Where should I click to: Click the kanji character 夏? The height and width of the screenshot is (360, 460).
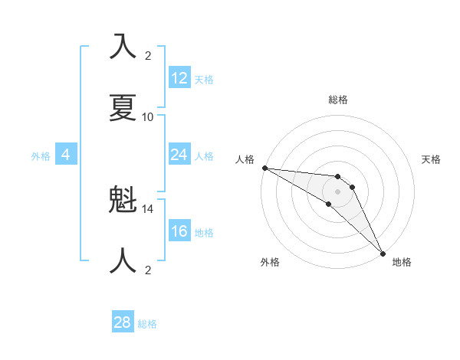[123, 106]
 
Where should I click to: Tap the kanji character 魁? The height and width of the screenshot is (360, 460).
[123, 200]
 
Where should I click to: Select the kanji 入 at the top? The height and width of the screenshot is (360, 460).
[123, 46]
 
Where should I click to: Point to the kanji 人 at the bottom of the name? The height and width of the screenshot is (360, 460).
[123, 261]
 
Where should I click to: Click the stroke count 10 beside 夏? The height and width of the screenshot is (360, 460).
[148, 116]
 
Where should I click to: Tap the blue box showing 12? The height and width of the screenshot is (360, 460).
[179, 78]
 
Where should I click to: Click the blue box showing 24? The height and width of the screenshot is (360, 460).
[179, 155]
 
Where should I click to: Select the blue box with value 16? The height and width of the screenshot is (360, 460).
[179, 231]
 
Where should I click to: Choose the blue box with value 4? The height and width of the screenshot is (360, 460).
[66, 155]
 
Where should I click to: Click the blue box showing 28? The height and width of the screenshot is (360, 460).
[123, 322]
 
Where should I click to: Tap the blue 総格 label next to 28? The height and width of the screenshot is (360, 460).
[148, 324]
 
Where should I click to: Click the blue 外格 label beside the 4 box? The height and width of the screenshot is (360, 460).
[41, 156]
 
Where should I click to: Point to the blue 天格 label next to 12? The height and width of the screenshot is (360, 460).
[204, 80]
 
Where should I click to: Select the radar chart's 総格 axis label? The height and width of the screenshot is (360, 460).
[338, 100]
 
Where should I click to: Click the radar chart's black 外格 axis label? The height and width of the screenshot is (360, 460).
[270, 262]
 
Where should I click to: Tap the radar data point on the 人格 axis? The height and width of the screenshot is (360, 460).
[264, 167]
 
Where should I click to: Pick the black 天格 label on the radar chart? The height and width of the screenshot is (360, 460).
[432, 159]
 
